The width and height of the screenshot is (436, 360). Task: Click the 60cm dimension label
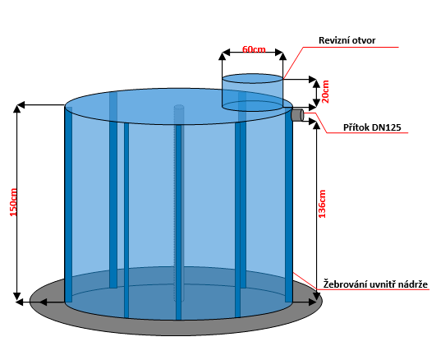[x=254, y=49]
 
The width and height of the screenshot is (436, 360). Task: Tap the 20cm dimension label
[x=325, y=92]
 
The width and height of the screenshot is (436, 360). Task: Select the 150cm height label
[x=13, y=202]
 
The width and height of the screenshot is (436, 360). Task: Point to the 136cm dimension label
[x=322, y=204]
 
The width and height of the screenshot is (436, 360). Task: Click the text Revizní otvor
[x=347, y=40]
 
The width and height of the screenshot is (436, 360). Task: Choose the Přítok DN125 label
[x=372, y=127]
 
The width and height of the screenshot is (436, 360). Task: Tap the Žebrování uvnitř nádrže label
[x=375, y=284]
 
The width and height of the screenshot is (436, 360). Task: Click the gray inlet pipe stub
[x=297, y=115]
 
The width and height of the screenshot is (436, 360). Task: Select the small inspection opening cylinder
[x=252, y=92]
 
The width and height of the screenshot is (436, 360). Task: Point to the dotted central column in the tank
[x=179, y=203]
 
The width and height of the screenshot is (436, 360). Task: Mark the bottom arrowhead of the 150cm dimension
[x=17, y=296]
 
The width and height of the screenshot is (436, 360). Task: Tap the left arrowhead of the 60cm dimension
[x=226, y=52]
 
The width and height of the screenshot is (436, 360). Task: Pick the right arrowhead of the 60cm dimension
[x=279, y=52]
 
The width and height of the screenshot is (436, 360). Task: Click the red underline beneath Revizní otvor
[x=351, y=48]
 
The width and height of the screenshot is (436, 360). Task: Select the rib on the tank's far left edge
[x=68, y=205]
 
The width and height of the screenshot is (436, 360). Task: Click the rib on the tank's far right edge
[x=289, y=205]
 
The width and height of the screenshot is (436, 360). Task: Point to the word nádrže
[x=413, y=284]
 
